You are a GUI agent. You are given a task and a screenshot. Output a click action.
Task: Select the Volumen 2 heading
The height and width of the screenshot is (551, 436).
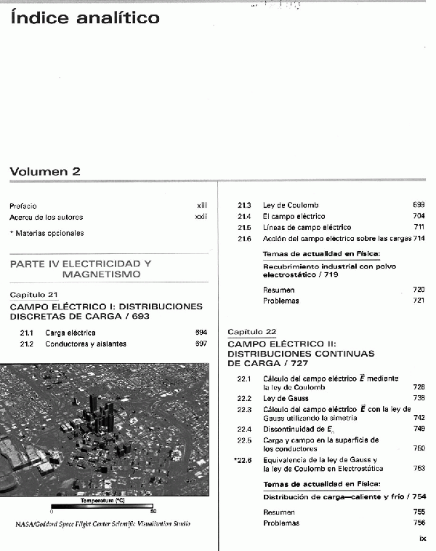click(x=45, y=172)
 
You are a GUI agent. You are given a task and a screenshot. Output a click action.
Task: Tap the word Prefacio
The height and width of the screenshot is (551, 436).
click(x=23, y=206)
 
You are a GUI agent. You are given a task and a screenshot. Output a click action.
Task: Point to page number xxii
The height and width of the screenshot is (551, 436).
click(x=201, y=217)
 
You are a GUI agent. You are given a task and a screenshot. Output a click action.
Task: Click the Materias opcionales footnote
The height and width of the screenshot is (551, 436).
click(x=47, y=233)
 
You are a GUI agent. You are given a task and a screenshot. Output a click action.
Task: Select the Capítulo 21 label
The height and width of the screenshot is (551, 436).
click(x=33, y=294)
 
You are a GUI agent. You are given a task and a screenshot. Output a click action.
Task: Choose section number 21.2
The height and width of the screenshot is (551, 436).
click(x=28, y=344)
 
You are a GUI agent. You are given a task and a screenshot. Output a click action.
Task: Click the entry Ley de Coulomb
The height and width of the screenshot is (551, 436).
click(x=291, y=205)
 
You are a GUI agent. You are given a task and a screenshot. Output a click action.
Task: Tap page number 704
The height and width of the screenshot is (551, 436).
click(x=419, y=216)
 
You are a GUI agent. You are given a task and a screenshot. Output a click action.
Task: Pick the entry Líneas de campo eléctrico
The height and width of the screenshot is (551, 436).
click(x=307, y=227)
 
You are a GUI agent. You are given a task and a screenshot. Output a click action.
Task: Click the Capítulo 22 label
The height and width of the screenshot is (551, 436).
click(x=251, y=331)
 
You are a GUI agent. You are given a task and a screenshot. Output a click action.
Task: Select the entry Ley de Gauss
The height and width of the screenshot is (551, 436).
click(x=282, y=398)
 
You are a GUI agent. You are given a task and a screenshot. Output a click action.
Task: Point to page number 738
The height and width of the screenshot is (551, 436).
click(x=419, y=398)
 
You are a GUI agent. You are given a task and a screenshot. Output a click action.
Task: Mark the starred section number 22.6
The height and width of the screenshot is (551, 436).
click(x=243, y=460)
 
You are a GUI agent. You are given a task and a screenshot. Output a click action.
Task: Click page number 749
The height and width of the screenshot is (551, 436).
click(x=419, y=429)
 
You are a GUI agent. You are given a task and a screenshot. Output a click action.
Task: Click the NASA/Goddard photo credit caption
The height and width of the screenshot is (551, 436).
click(x=103, y=524)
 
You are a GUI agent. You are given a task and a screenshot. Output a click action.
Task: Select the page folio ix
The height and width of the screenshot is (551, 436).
click(x=422, y=539)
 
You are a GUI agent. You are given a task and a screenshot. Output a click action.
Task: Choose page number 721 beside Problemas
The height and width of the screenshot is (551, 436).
click(x=419, y=301)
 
